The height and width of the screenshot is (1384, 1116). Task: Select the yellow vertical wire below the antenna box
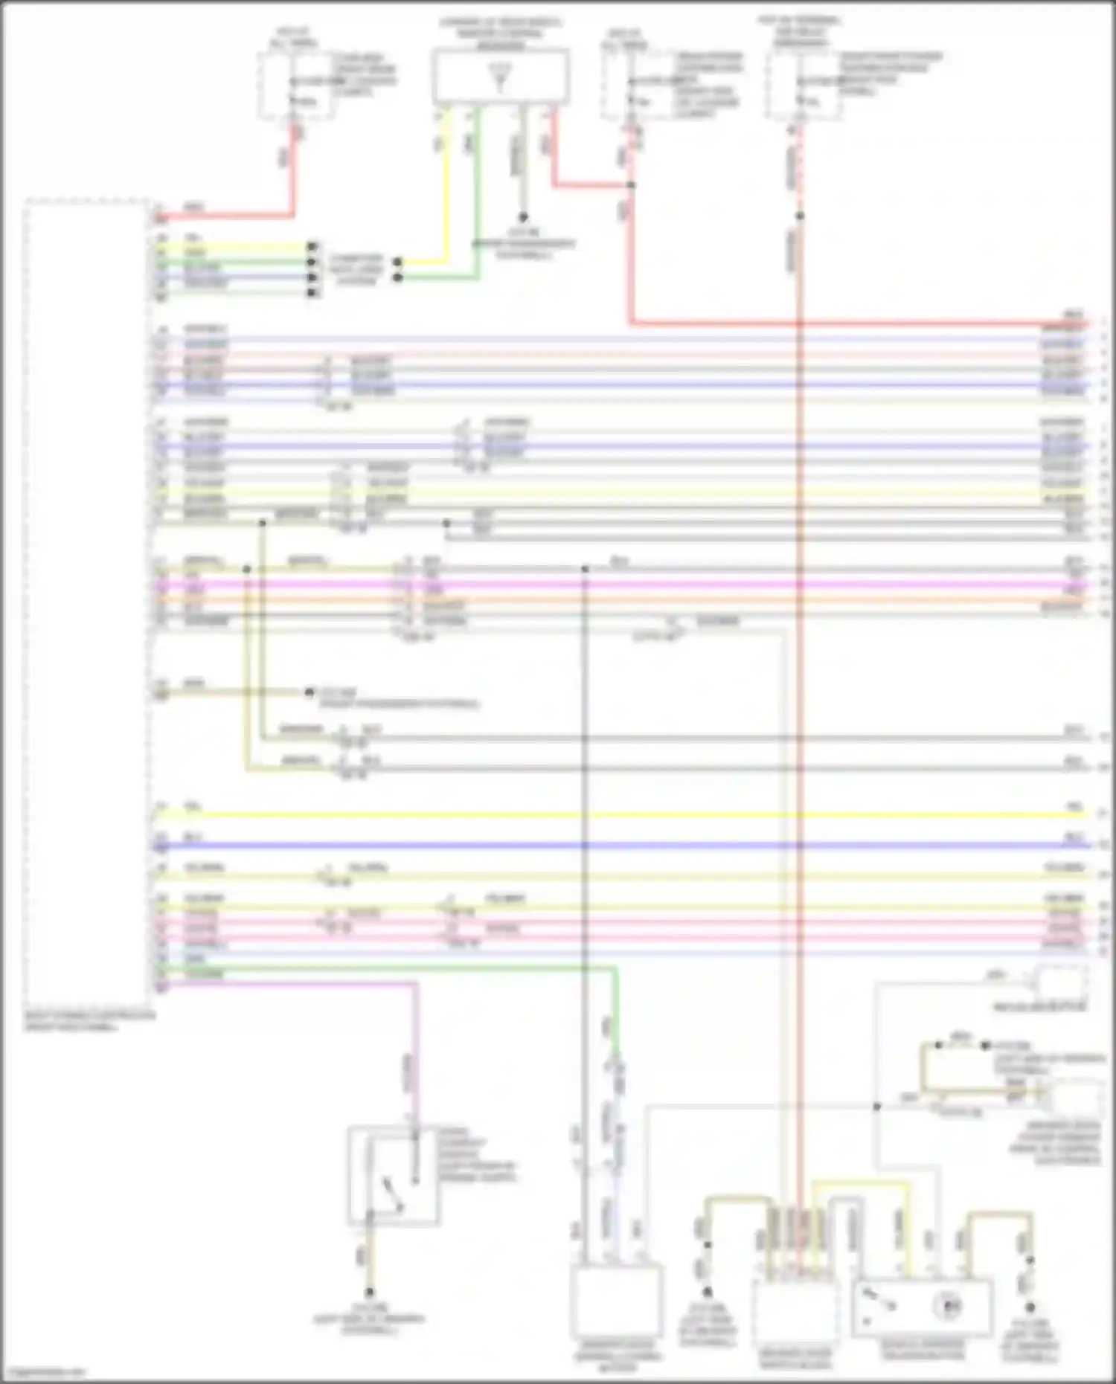(x=446, y=186)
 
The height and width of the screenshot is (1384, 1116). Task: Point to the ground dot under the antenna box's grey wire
(x=523, y=217)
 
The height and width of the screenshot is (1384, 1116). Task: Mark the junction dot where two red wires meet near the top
(x=631, y=184)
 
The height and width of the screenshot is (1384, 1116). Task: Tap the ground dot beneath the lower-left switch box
(x=369, y=1293)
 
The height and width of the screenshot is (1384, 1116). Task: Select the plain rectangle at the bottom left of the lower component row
(x=616, y=1301)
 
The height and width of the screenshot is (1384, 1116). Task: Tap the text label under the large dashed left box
(x=89, y=1020)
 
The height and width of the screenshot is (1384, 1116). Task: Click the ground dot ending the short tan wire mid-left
(x=310, y=692)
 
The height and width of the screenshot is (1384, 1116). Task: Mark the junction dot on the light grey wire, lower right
(x=876, y=1107)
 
